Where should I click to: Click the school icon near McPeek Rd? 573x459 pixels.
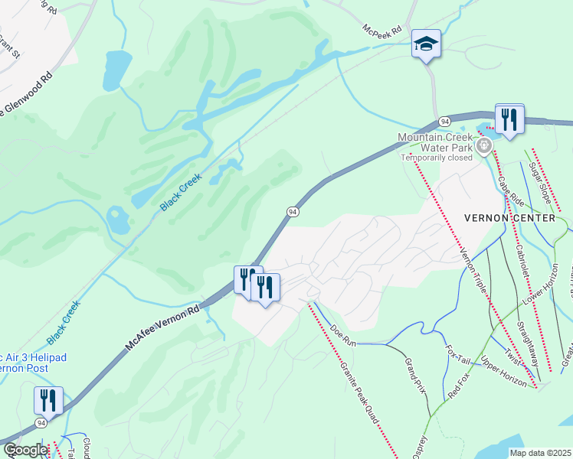(426, 44)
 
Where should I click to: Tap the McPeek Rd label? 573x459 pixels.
(383, 31)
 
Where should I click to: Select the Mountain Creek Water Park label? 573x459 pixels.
(435, 142)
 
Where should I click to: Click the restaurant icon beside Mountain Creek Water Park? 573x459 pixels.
(509, 119)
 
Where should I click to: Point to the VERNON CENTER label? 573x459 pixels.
(509, 218)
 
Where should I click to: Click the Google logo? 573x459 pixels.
(25, 450)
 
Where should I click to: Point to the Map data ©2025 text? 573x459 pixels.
(540, 453)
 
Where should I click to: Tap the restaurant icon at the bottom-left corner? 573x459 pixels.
(47, 401)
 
